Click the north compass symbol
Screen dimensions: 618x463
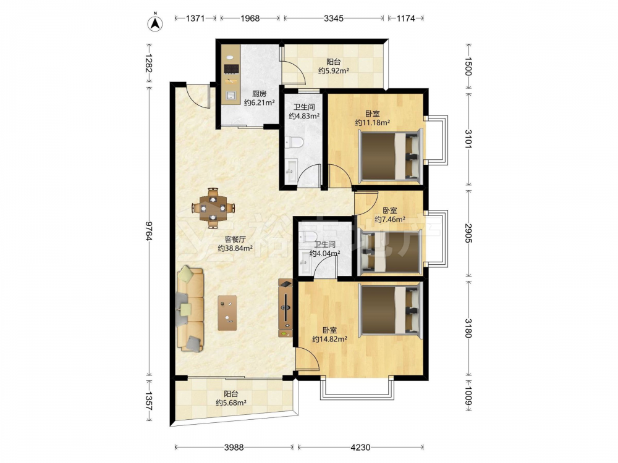[156, 23]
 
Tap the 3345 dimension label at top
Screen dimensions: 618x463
[334, 18]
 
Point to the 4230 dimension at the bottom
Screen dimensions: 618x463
[360, 447]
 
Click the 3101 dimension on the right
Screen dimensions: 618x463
[468, 138]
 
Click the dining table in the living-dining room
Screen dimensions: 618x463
[213, 207]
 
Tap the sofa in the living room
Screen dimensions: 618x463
[190, 309]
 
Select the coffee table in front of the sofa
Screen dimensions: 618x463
[227, 313]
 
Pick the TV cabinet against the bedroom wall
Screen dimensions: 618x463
[286, 307]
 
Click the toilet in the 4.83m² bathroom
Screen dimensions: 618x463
[294, 142]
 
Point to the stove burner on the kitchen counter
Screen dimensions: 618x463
[231, 69]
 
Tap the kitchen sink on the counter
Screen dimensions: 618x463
[231, 96]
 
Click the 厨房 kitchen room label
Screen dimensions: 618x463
[259, 94]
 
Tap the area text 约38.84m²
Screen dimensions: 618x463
[235, 248]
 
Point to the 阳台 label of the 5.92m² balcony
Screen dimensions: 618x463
[334, 62]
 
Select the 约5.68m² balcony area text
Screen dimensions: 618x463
[231, 403]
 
